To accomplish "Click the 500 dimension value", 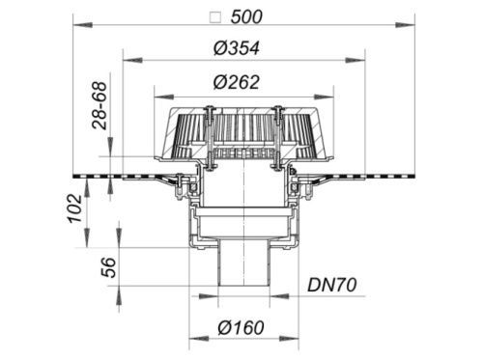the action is [246, 17].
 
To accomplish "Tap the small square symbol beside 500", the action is [215, 17].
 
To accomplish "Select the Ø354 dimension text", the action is [237, 48].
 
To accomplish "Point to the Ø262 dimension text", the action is [237, 82].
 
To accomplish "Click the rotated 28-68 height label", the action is [99, 106].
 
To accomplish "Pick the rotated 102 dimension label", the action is [74, 208].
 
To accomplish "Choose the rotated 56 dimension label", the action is [108, 267].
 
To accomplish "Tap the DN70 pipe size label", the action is [332, 285].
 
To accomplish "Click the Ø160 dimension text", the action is [241, 328].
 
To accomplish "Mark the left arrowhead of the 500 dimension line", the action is [83, 25].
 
